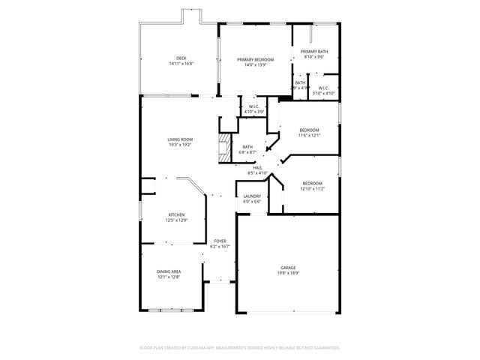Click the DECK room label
pos(181,58)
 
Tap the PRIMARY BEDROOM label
pos(255,59)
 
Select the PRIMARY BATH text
pos(314,51)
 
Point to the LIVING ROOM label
pos(180,139)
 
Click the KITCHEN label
pos(176,214)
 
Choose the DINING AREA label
pos(168,271)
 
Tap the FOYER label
pos(220,241)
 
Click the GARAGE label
pos(288,268)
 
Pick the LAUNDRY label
pos(252,196)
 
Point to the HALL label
pos(257,167)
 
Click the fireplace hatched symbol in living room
pos(223,148)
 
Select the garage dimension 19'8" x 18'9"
pos(288,273)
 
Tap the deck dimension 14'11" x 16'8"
pos(181,64)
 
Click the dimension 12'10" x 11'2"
pos(313,189)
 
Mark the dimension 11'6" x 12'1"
pos(309,135)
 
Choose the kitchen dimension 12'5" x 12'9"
pos(176,220)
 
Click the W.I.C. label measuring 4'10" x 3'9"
pos(249,107)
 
